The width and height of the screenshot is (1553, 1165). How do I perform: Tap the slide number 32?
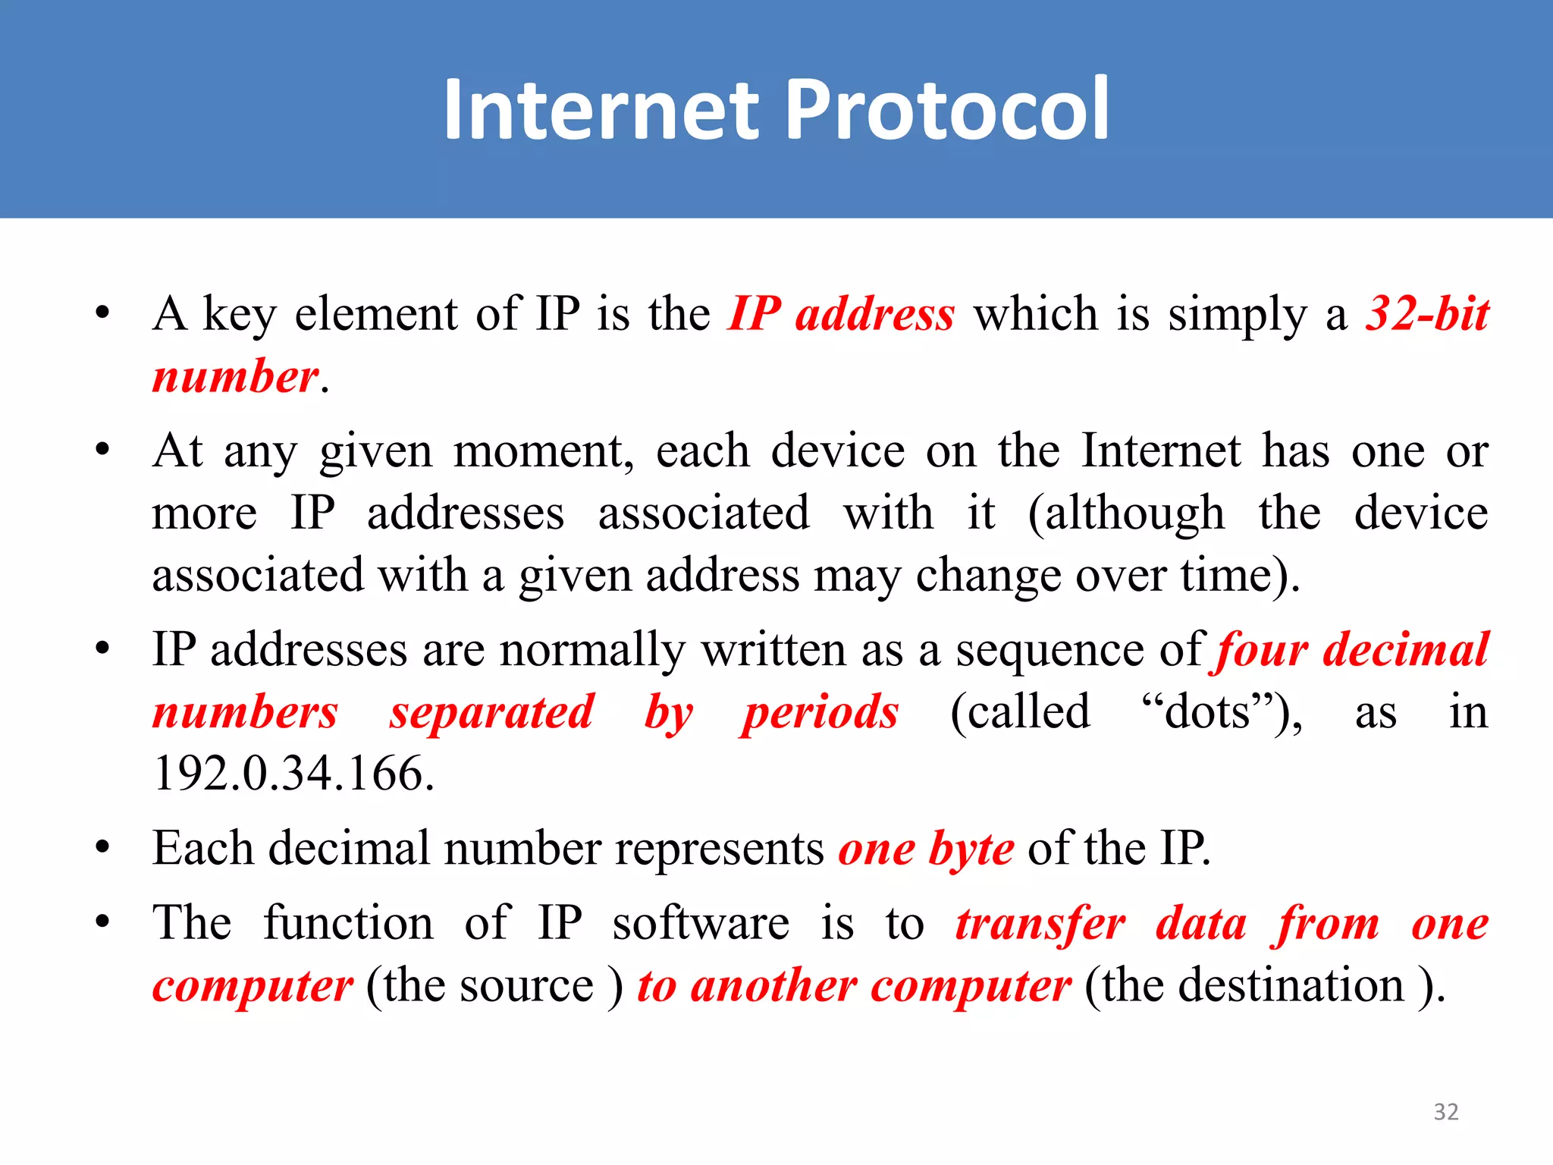1445,1112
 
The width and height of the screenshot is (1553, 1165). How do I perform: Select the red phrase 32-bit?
1426,313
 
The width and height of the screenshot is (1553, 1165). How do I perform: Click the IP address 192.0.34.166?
293,774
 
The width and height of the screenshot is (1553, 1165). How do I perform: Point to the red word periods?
820,712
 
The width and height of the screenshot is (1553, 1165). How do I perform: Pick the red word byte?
971,849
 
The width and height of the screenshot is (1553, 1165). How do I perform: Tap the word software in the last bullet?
701,924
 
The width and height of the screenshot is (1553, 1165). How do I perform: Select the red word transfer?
1040,924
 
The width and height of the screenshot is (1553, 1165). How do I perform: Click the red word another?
773,985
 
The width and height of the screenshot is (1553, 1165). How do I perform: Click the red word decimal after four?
1405,650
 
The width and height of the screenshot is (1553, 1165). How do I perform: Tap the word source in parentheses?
526,985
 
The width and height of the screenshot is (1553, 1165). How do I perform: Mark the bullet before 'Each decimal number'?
103,847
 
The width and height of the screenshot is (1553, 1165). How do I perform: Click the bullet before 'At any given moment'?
103,450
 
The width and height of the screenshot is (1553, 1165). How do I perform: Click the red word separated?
491,712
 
